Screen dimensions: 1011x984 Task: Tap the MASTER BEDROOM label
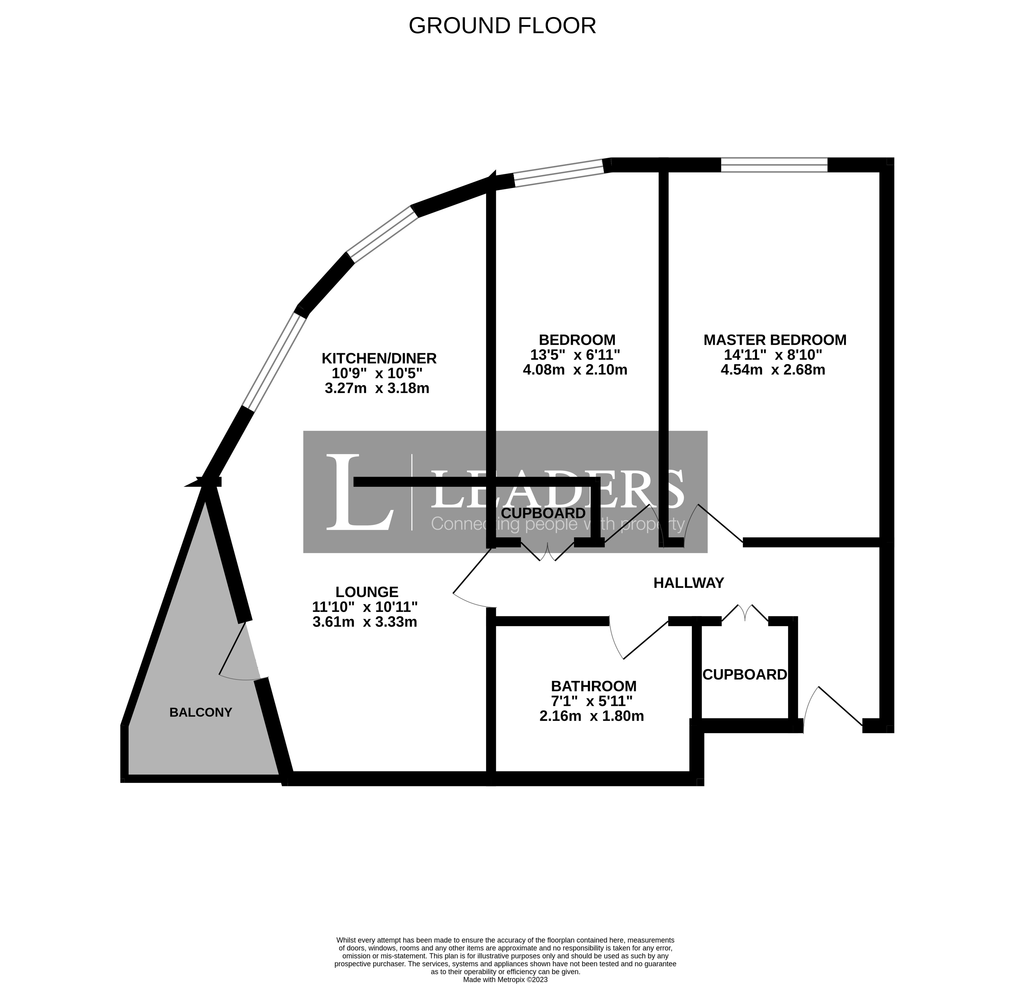pos(775,340)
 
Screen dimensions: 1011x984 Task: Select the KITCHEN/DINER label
pos(379,358)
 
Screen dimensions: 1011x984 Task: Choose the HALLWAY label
pos(689,583)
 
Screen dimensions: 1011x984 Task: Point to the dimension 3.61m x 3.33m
pos(365,622)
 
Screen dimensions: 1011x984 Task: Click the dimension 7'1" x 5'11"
pos(592,701)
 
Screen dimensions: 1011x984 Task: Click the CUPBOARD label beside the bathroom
pos(744,675)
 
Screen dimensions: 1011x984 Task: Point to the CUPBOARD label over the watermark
pos(543,513)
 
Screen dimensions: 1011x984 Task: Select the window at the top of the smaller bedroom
pos(559,173)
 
